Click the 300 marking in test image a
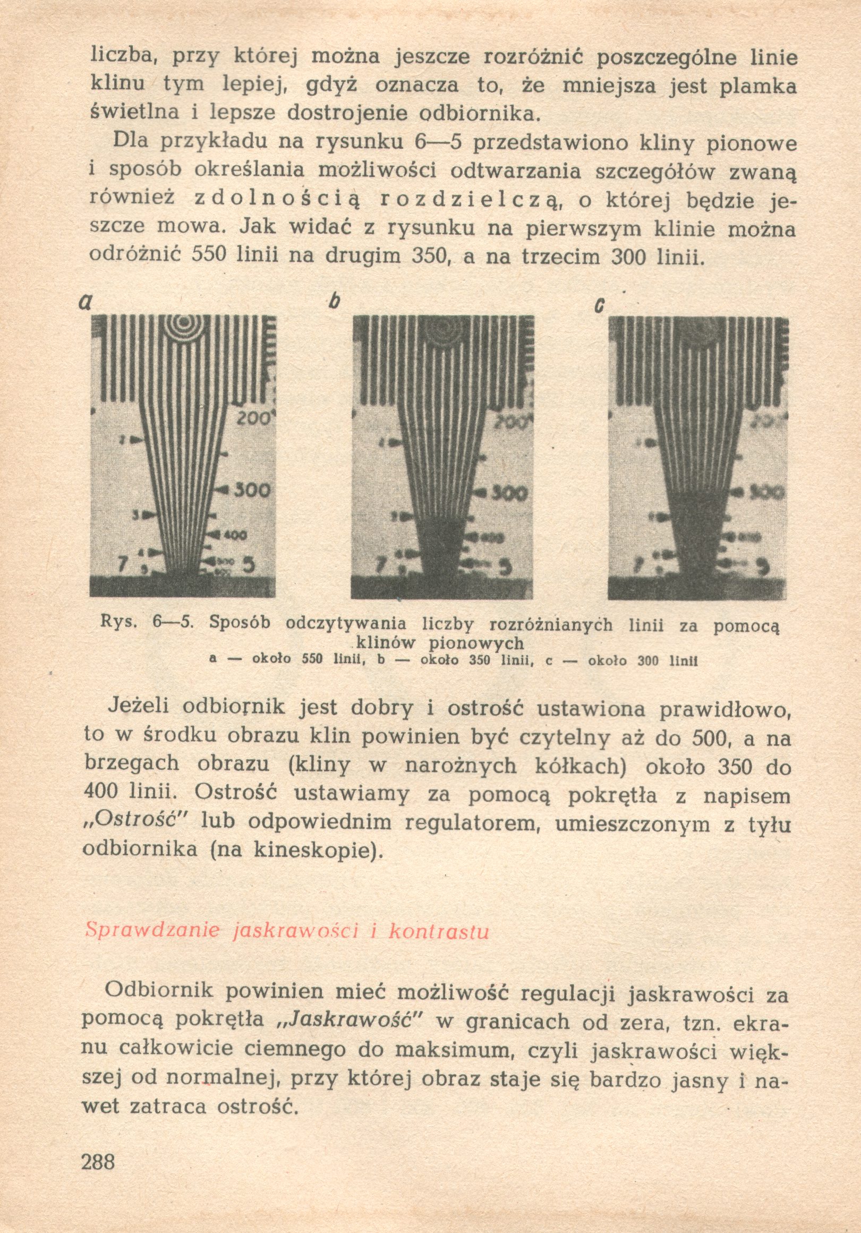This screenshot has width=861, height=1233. [x=251, y=490]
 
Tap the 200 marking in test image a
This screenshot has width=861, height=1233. [x=253, y=417]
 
